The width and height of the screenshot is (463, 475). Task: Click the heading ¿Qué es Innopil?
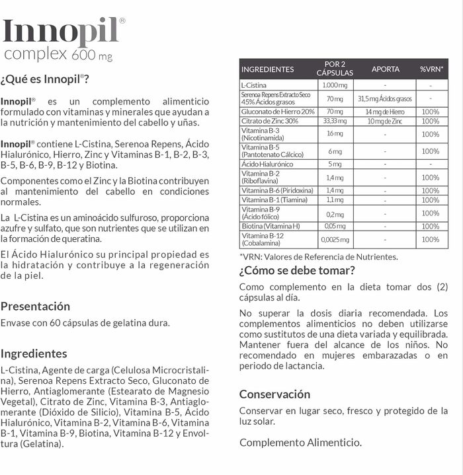45,79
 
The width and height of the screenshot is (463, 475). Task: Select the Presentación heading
35,306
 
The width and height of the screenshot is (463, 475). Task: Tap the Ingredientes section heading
34,353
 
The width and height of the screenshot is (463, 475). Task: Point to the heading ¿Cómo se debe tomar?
297,270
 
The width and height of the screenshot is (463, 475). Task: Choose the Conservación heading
274,394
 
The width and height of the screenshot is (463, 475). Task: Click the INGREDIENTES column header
268,69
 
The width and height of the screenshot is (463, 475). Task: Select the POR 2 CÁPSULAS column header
335,69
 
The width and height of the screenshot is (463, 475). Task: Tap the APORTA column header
385,69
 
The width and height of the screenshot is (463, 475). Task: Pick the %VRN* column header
431,69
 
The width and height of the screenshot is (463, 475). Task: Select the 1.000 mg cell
334,85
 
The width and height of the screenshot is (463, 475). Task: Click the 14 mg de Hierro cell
385,112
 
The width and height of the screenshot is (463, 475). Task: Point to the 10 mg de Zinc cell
385,121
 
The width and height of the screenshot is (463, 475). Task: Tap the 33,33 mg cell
334,121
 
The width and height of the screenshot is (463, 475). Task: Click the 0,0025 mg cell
334,240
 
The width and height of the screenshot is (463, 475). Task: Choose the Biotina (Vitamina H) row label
271,226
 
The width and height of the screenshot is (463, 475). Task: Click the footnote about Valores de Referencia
318,256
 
